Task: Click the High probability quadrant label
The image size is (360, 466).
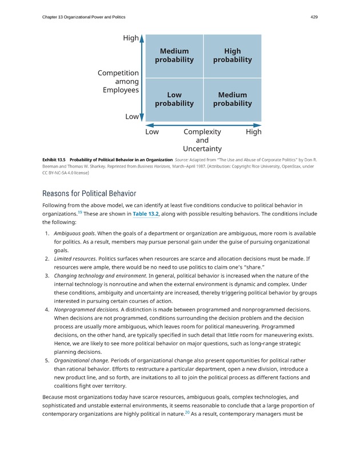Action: pyautogui.click(x=232, y=55)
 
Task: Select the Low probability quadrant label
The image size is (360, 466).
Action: pyautogui.click(x=174, y=99)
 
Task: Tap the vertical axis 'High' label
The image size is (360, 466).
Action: pyautogui.click(x=131, y=38)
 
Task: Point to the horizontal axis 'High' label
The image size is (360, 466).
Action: pyautogui.click(x=253, y=132)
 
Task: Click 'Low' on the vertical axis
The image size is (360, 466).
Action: pyautogui.click(x=131, y=117)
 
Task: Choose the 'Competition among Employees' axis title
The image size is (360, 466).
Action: pyautogui.click(x=119, y=81)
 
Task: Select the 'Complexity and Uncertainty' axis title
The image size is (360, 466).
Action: pyautogui.click(x=202, y=140)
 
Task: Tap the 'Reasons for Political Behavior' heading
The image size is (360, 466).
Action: pyautogui.click(x=89, y=193)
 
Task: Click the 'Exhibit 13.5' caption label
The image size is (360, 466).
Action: pyautogui.click(x=54, y=160)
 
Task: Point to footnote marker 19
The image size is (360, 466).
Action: pyautogui.click(x=79, y=212)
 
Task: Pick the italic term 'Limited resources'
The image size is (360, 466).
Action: pyautogui.click(x=75, y=258)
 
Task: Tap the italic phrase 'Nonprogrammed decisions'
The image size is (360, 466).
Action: pyautogui.click(x=86, y=309)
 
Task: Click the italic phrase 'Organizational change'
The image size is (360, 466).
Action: pyautogui.click(x=81, y=360)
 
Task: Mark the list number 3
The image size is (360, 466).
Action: pyautogui.click(x=46, y=276)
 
